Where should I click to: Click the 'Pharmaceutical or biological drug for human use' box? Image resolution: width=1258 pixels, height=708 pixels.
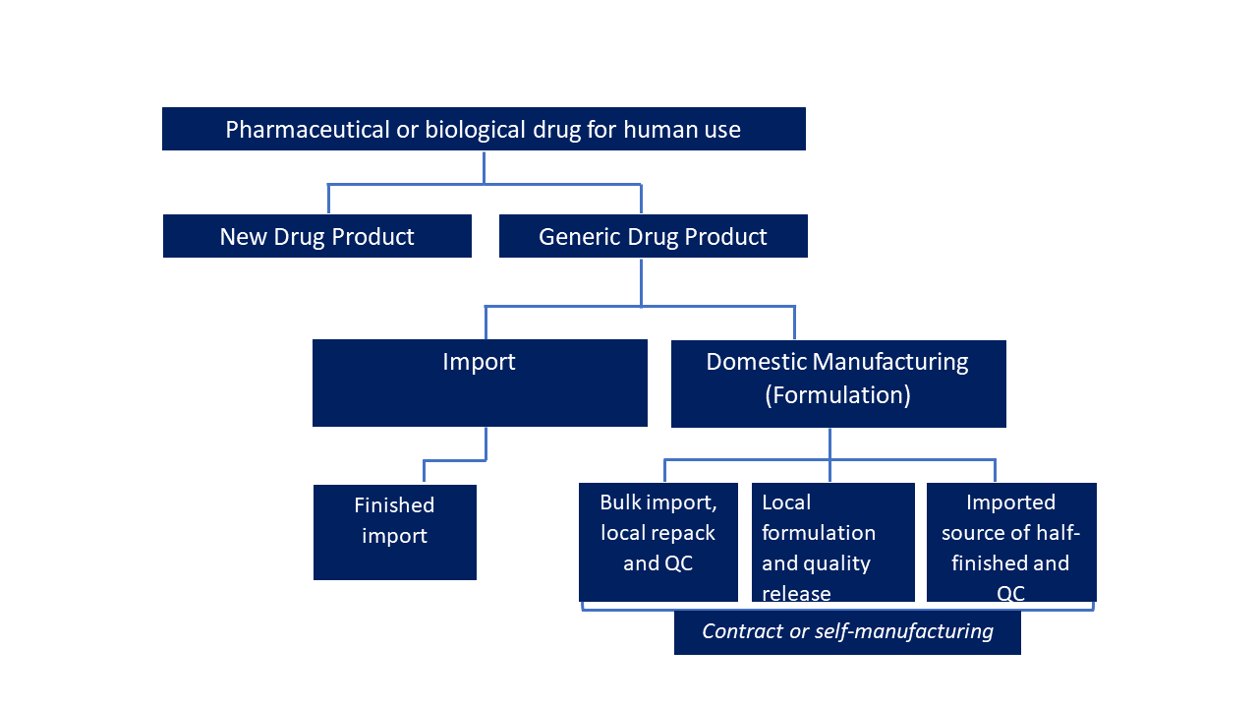[x=484, y=129]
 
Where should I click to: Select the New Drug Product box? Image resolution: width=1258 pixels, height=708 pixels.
[x=316, y=237]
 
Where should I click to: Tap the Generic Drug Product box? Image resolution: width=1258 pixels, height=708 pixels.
[x=653, y=237]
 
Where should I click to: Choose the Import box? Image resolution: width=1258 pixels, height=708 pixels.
[x=480, y=383]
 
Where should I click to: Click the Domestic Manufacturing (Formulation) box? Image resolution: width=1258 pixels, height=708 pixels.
[x=837, y=383]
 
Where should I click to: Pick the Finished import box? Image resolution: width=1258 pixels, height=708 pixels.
[x=394, y=532]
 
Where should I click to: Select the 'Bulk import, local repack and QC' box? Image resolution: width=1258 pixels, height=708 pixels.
[x=658, y=542]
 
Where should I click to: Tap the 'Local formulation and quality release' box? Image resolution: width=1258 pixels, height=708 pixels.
[x=832, y=542]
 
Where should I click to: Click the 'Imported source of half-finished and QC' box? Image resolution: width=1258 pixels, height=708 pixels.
[x=1010, y=542]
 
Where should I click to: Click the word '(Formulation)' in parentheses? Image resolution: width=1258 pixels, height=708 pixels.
[x=837, y=395]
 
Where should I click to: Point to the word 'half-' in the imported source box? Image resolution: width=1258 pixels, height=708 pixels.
[x=1058, y=533]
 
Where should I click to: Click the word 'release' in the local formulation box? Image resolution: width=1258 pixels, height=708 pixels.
[x=796, y=594]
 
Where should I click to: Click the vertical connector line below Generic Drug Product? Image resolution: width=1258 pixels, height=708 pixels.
[x=641, y=281]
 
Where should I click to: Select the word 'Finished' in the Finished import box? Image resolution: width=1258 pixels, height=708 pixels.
[x=394, y=505]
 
